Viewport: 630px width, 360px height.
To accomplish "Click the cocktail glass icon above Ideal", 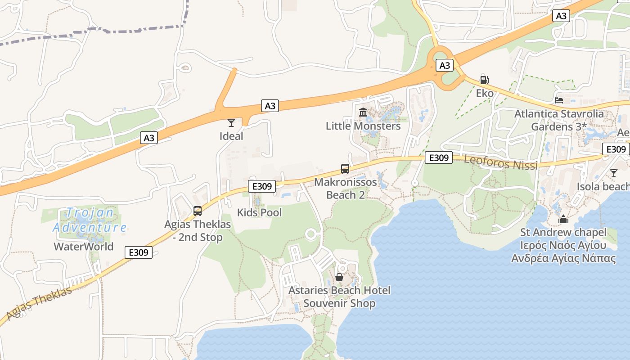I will tap(231, 122).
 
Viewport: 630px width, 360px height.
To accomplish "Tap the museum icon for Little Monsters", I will tap(363, 112).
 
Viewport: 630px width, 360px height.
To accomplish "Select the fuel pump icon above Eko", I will tap(485, 80).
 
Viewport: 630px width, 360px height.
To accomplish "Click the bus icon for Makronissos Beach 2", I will tap(345, 169).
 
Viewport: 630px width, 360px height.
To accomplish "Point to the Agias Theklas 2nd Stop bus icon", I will tap(197, 211).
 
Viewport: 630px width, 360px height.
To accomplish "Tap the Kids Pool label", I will tap(259, 212).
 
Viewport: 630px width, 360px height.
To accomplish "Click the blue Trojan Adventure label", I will tap(90, 220).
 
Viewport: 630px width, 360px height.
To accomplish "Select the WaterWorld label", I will tap(84, 247).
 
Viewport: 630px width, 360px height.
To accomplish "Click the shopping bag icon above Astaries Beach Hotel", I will tap(339, 277).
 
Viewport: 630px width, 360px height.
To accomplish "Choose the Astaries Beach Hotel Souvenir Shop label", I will tap(339, 297).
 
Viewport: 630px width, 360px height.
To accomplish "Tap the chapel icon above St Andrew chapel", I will tap(563, 220).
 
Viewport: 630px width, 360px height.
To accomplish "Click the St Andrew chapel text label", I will tap(563, 233).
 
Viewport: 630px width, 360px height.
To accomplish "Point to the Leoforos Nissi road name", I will tap(500, 162).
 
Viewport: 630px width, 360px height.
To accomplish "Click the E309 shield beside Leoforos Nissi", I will tap(438, 157).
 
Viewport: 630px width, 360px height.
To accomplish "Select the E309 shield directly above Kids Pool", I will tap(262, 186).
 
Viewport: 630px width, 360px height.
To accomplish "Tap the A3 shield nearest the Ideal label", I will tap(270, 106).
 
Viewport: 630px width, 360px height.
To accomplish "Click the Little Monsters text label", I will tap(363, 126).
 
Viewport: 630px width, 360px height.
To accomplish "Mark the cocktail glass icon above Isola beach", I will tap(614, 173).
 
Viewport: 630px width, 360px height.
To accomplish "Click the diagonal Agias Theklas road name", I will tap(40, 303).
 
